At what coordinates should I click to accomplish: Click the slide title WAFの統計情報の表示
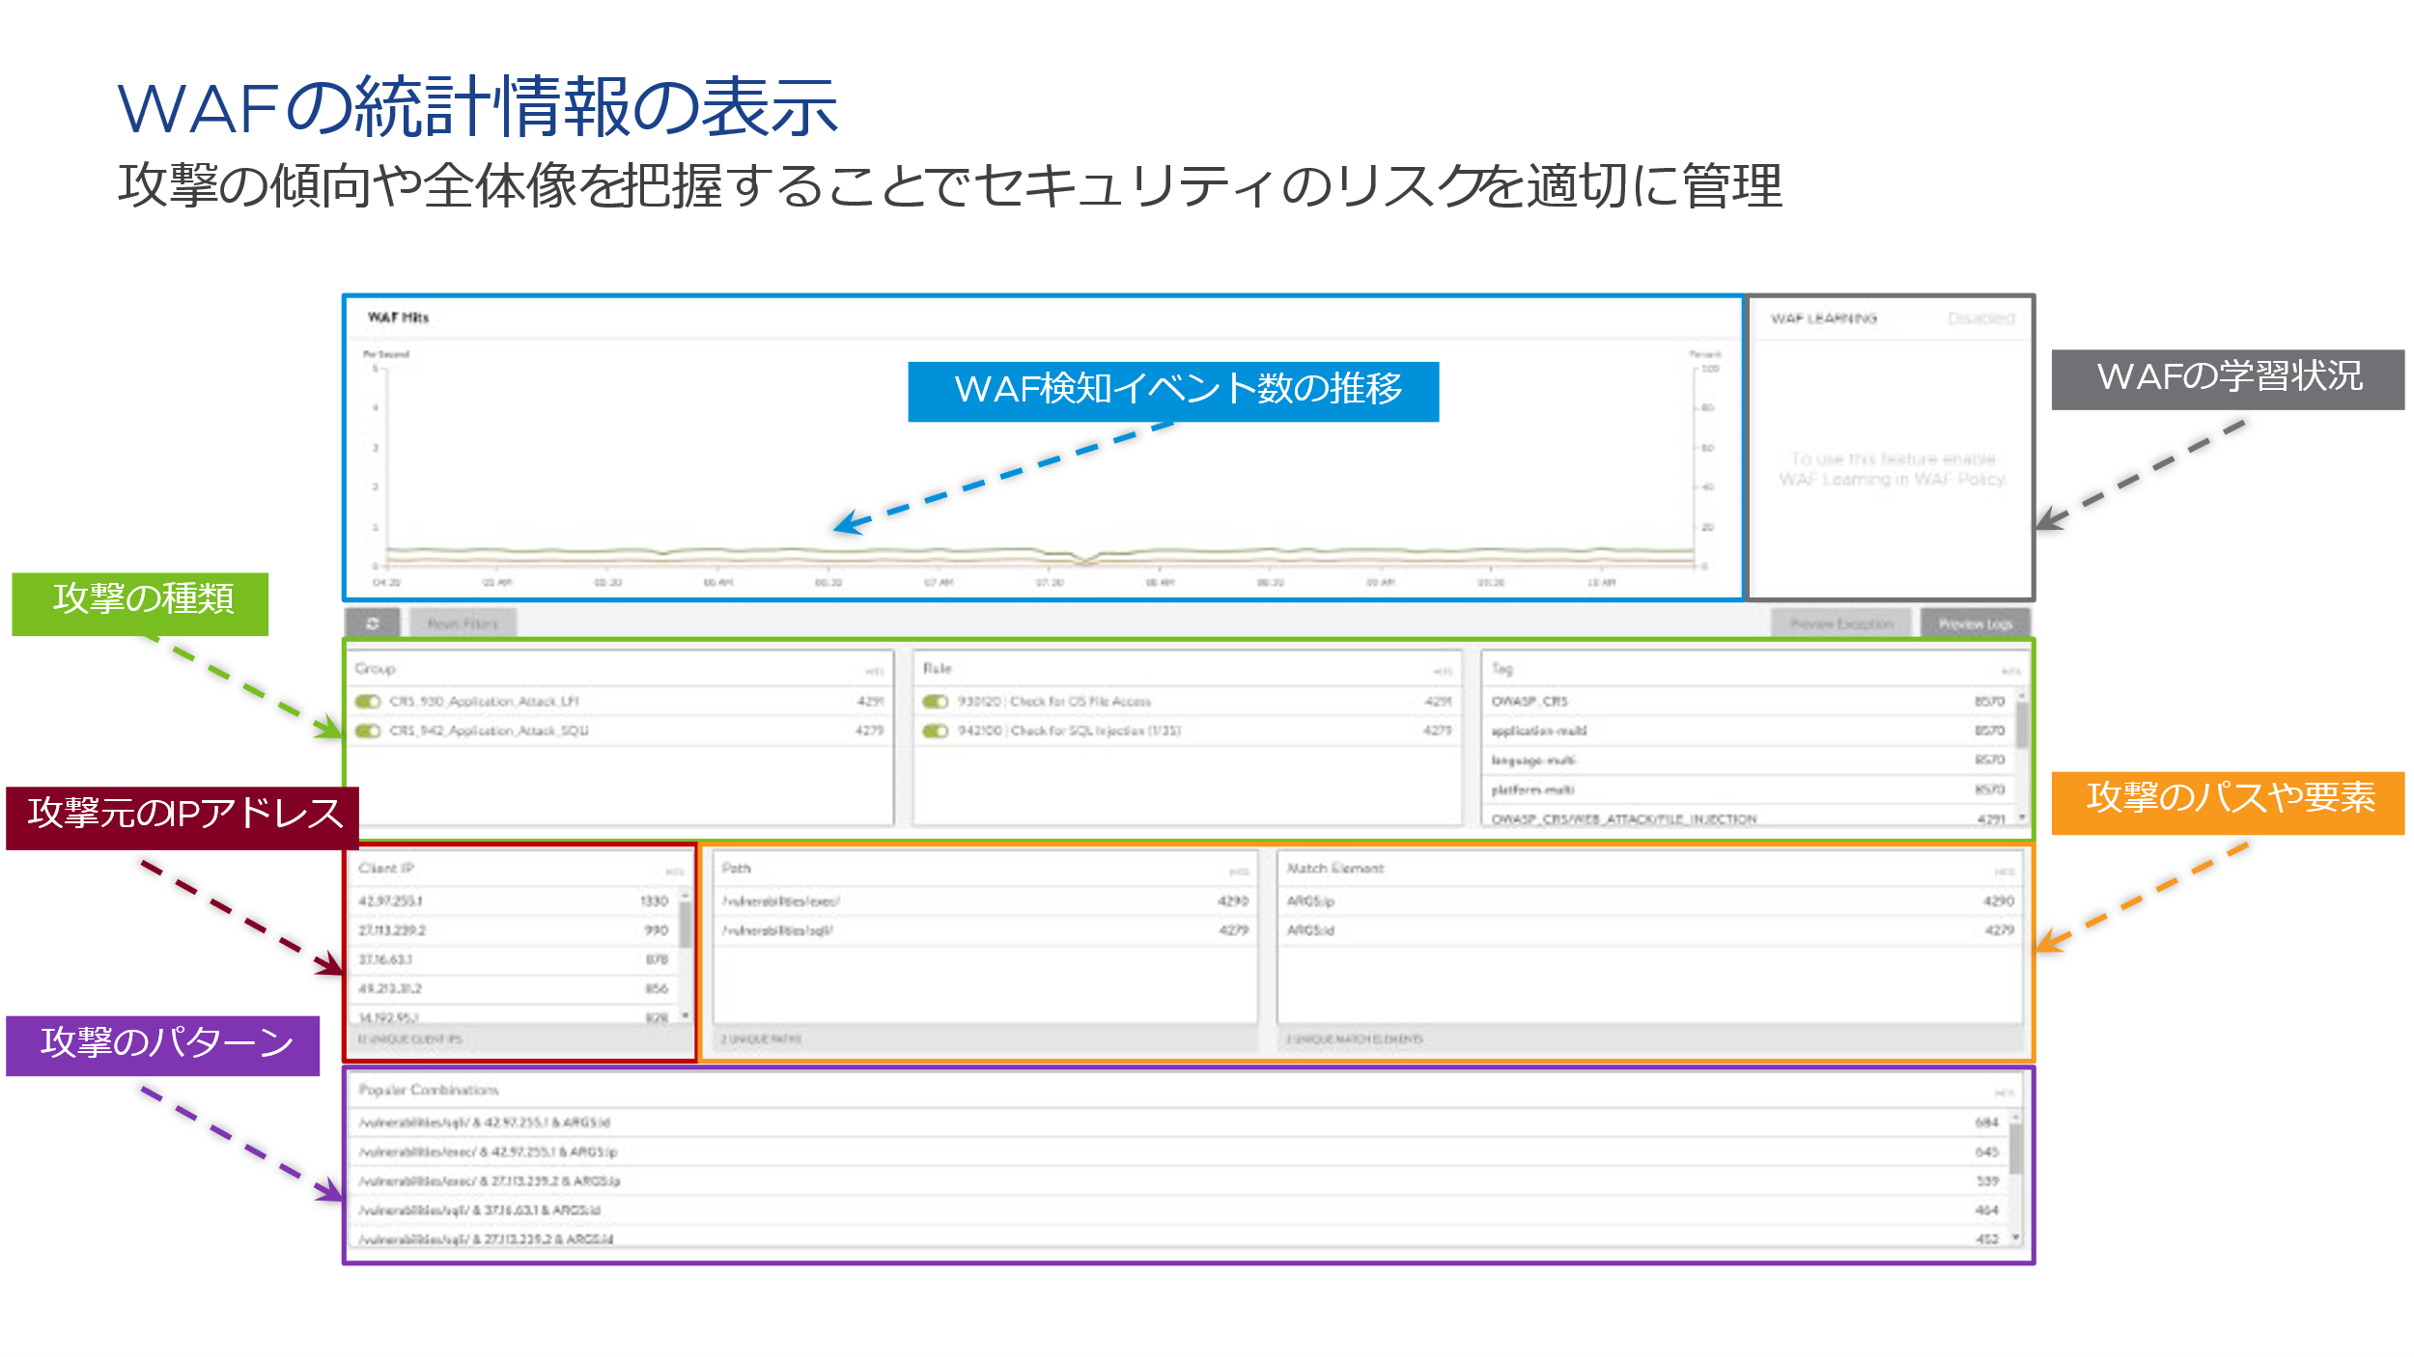(477, 106)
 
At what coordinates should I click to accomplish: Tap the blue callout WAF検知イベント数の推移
(1172, 391)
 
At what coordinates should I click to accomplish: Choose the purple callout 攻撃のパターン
(163, 1044)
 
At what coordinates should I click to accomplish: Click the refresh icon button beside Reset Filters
(372, 623)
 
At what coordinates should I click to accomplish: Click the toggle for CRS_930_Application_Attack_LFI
(368, 702)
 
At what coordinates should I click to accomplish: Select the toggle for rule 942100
(935, 731)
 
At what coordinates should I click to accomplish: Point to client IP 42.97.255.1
(391, 900)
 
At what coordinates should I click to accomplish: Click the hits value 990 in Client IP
(656, 930)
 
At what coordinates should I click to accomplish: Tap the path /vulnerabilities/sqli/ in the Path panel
(777, 930)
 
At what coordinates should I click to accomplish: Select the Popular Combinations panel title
(429, 1090)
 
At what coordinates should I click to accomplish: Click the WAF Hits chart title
(398, 318)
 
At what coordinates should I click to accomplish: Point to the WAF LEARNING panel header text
(1823, 318)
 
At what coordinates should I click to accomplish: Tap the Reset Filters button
(463, 623)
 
